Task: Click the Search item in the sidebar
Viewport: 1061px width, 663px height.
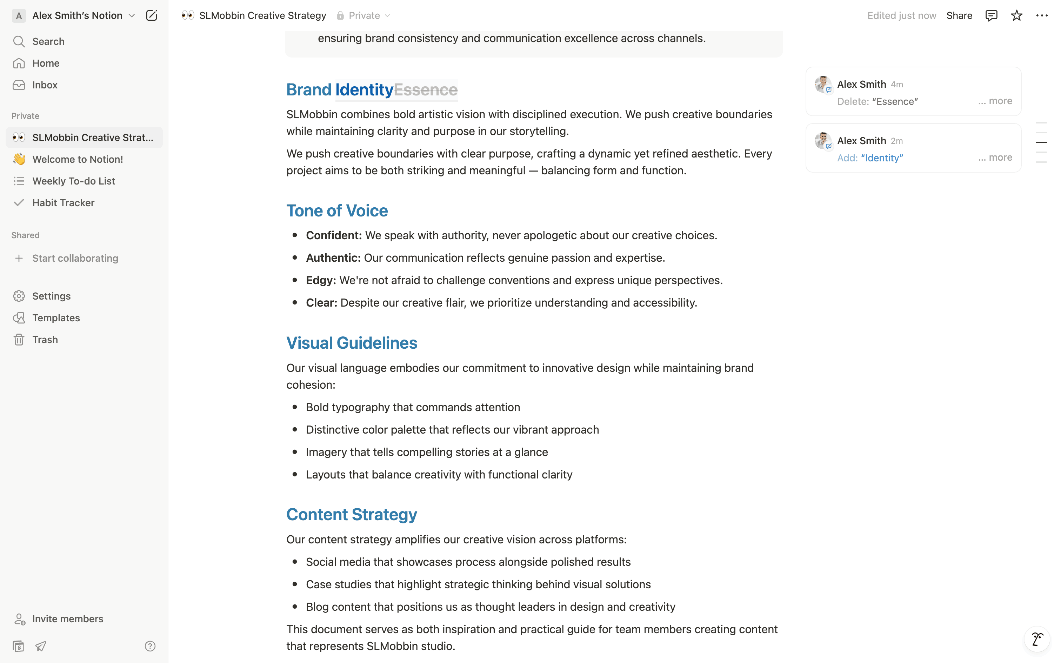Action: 48,42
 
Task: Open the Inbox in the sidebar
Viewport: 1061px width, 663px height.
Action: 45,85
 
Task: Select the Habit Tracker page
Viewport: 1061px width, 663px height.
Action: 63,203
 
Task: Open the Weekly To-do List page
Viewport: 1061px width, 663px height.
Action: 73,181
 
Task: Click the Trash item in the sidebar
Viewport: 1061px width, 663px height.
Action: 45,340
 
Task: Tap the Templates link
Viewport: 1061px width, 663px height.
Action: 56,318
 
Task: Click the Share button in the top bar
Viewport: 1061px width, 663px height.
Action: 959,16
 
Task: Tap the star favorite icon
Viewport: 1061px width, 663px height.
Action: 1016,16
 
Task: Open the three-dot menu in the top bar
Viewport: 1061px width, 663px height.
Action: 1041,16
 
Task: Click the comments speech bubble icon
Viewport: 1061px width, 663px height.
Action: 991,16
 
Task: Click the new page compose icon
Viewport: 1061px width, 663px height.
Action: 151,16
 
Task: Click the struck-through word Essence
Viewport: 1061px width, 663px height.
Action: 425,90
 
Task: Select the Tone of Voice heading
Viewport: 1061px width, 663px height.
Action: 337,211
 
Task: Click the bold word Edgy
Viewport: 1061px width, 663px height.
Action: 320,281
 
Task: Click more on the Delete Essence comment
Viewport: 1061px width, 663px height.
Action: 1000,101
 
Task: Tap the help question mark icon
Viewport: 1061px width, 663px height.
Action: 150,646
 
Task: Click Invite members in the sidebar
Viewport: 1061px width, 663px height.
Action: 67,619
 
